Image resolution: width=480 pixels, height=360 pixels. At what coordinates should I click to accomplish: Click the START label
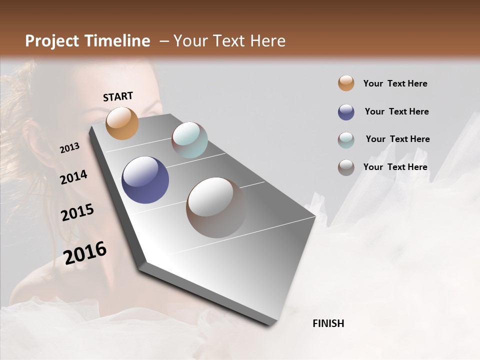pyautogui.click(x=118, y=96)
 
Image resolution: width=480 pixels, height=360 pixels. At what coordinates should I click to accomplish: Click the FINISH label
pyautogui.click(x=328, y=323)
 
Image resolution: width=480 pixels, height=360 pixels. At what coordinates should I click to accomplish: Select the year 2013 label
pyautogui.click(x=69, y=148)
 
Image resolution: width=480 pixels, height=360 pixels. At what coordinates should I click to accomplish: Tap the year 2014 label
pyautogui.click(x=73, y=177)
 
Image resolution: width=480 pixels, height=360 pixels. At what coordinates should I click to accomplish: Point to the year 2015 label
pyautogui.click(x=77, y=212)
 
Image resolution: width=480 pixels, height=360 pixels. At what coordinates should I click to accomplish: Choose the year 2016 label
pyautogui.click(x=85, y=252)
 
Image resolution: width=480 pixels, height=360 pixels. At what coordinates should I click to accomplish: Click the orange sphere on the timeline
pyautogui.click(x=122, y=123)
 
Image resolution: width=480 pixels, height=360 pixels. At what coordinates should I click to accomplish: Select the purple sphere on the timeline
pyautogui.click(x=145, y=180)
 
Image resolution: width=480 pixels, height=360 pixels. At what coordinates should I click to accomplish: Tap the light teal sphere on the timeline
pyautogui.click(x=189, y=140)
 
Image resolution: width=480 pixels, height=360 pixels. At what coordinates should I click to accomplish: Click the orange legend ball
pyautogui.click(x=346, y=83)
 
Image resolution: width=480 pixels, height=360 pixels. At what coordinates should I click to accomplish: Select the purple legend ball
pyautogui.click(x=346, y=112)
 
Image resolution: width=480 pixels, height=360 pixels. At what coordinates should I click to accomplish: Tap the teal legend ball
pyautogui.click(x=346, y=140)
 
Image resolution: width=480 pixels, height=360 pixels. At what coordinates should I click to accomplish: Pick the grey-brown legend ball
pyautogui.click(x=346, y=167)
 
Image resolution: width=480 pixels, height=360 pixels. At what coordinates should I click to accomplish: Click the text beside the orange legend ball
pyautogui.click(x=395, y=83)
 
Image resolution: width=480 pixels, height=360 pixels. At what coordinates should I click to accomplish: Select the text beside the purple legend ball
pyautogui.click(x=396, y=111)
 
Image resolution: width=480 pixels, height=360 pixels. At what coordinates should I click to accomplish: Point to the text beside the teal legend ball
pyautogui.click(x=397, y=139)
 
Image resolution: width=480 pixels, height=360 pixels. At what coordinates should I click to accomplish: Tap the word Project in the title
pyautogui.click(x=50, y=41)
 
